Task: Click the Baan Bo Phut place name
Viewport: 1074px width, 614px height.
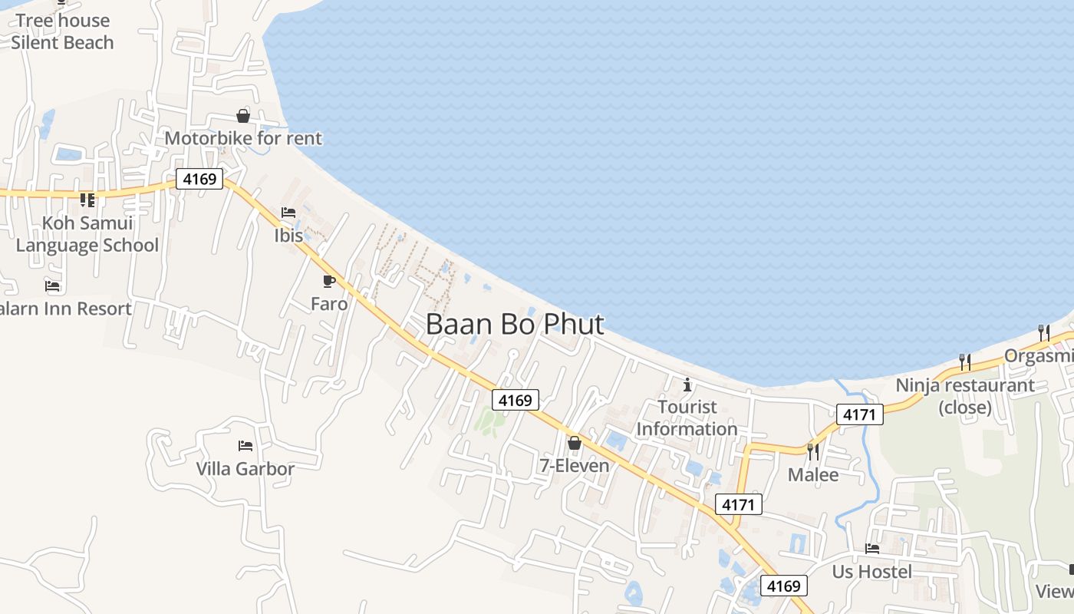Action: click(x=515, y=324)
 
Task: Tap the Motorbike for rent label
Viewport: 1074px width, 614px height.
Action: click(x=243, y=139)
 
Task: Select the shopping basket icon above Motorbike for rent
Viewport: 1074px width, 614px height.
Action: click(x=243, y=116)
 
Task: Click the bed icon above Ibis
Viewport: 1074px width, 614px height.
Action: click(x=288, y=213)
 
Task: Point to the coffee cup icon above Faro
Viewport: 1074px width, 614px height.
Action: click(x=329, y=282)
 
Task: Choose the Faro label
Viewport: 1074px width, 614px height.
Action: click(x=329, y=304)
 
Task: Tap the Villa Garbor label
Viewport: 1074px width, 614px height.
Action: click(x=245, y=468)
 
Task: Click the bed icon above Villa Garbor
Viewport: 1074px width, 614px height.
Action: click(x=245, y=445)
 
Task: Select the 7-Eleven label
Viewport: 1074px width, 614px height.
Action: click(x=574, y=466)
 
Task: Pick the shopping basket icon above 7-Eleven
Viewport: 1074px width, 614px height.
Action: click(x=574, y=443)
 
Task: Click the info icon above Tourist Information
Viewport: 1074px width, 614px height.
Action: click(x=687, y=385)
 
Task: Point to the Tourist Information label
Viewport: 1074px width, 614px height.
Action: click(x=687, y=418)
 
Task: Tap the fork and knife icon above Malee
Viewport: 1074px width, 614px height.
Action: click(x=813, y=451)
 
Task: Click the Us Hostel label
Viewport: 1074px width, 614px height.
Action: click(x=872, y=572)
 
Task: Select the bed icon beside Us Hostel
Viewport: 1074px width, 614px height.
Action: click(x=872, y=549)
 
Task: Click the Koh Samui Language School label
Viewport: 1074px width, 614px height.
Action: click(x=87, y=234)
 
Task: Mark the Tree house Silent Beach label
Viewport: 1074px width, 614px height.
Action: click(x=62, y=31)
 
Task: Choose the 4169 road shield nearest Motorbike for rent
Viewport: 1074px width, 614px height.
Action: click(x=199, y=180)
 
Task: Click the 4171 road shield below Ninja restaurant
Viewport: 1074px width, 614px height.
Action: click(x=860, y=414)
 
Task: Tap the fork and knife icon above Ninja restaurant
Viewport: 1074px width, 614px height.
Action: click(x=965, y=361)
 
